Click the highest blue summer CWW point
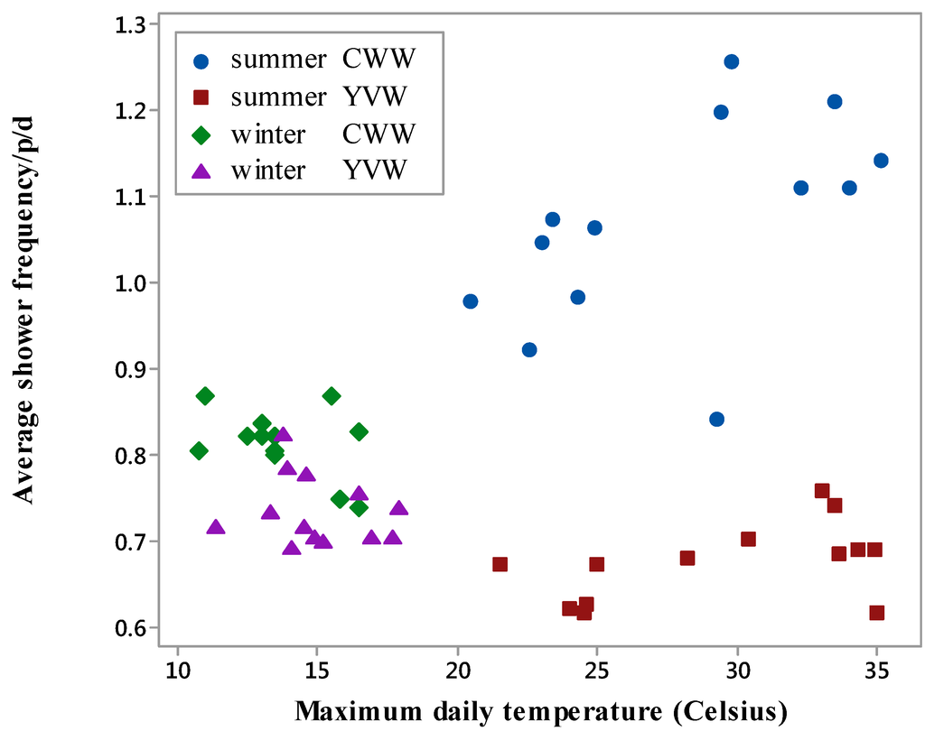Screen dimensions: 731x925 (x=731, y=61)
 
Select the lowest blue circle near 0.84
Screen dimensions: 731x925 (x=716, y=419)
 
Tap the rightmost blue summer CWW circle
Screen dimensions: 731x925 (x=881, y=161)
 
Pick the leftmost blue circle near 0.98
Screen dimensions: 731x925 (x=470, y=301)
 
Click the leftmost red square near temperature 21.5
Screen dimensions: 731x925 (x=500, y=564)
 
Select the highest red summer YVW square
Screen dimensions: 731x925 (x=821, y=491)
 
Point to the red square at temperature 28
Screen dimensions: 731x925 (x=687, y=558)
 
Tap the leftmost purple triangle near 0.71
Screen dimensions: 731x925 (x=215, y=527)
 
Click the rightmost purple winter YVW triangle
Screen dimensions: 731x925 (x=398, y=508)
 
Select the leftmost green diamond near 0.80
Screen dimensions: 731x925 (x=199, y=451)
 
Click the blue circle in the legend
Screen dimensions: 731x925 (x=202, y=61)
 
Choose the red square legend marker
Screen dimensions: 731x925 (x=202, y=97)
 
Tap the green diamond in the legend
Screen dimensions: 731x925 (x=202, y=134)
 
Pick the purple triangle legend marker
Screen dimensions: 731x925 (x=202, y=170)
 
